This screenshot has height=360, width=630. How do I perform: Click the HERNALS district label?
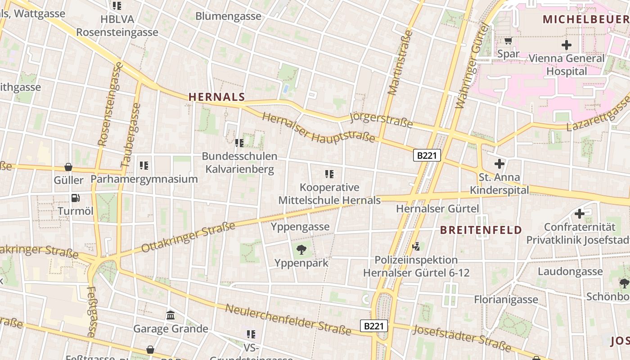point(216,97)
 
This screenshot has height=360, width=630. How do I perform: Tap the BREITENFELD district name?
point(481,230)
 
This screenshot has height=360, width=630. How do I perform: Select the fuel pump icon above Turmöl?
point(75,198)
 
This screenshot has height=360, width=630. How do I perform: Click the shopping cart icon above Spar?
point(508,41)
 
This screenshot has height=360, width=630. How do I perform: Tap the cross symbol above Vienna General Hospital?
point(566,45)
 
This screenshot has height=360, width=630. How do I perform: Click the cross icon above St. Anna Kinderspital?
point(499,164)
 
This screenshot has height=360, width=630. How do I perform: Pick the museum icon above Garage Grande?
point(171,315)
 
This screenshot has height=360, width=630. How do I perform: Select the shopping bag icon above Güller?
point(68,167)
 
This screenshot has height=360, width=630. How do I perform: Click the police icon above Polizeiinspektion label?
point(416,246)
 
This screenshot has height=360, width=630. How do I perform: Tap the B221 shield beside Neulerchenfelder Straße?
point(373,326)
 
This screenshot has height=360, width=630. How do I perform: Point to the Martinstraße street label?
point(400,63)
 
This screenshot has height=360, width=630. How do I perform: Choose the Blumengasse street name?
point(228,16)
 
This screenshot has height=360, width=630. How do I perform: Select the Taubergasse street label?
point(131,135)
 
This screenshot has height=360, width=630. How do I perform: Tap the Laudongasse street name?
point(570,271)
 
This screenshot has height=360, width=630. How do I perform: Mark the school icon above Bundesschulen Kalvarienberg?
point(239,143)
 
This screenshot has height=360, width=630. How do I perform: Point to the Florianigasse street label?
point(506,299)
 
